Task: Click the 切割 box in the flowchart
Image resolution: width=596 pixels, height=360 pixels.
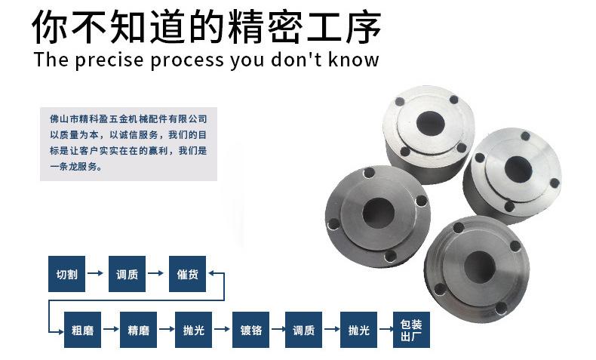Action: (x=66, y=274)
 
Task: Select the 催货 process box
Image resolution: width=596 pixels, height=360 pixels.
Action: (x=187, y=274)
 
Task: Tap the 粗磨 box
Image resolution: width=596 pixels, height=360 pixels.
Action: (x=82, y=330)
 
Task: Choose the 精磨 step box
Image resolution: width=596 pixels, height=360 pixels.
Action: (x=138, y=330)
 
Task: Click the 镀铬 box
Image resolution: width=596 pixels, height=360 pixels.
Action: (x=251, y=330)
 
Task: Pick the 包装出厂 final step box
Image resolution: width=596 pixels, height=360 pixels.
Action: (x=411, y=330)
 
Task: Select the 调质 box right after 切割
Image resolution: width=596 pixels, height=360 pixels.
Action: (x=127, y=274)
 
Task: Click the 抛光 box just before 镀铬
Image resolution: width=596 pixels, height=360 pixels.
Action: (x=193, y=330)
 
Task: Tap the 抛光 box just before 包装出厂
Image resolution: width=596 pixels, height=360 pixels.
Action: (x=359, y=330)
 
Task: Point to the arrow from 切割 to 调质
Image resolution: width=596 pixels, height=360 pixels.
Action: (x=95, y=273)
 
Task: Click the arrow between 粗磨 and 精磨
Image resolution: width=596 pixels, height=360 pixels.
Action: (x=111, y=329)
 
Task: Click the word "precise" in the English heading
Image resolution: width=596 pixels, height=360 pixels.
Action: (x=109, y=60)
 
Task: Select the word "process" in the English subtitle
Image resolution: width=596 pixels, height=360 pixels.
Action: (x=187, y=61)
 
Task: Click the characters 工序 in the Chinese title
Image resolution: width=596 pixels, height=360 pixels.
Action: (x=343, y=26)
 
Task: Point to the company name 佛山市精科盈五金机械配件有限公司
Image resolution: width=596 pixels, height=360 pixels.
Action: (x=128, y=119)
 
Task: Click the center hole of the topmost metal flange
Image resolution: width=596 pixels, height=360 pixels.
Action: (x=430, y=124)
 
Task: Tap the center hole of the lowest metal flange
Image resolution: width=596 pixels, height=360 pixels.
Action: (x=480, y=267)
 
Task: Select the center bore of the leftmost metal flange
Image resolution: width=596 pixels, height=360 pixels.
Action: (x=378, y=213)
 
